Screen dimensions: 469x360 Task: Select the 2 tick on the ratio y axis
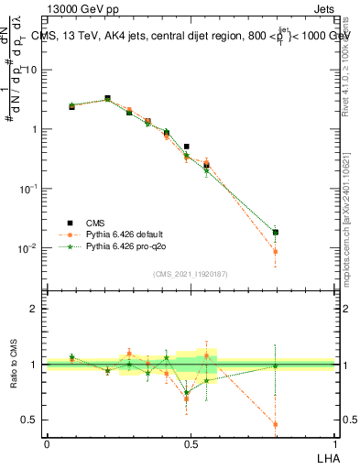tap(36, 309)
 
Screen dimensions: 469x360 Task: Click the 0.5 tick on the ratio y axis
tap(32, 420)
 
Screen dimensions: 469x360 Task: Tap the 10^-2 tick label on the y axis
tap(30, 248)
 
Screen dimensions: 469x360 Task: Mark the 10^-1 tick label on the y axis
tap(30, 189)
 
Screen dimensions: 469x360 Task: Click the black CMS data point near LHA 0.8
tap(276, 233)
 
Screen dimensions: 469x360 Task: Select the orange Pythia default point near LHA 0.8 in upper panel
tap(276, 251)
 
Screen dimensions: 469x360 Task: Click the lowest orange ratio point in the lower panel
tap(276, 424)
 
